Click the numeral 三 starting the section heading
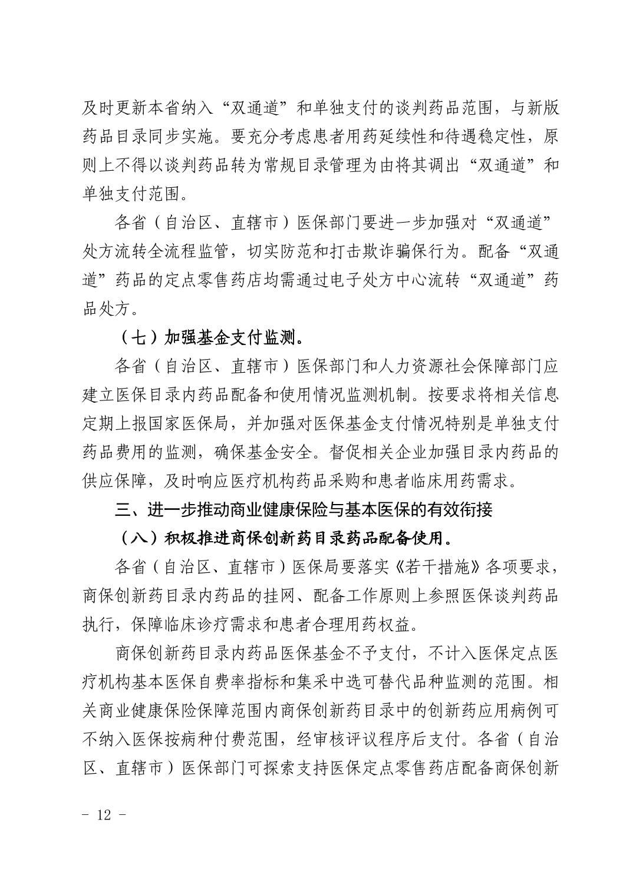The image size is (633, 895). click(x=123, y=509)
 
